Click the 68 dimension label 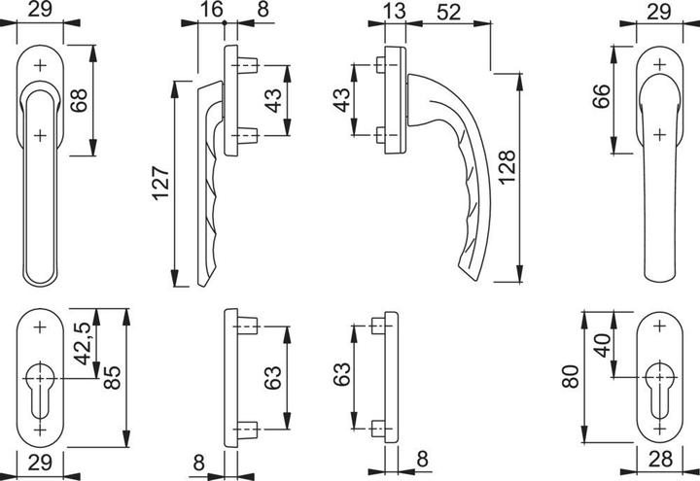(x=79, y=100)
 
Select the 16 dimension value (x=211, y=10)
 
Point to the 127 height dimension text (x=161, y=183)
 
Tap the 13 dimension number (x=394, y=11)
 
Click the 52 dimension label (x=448, y=12)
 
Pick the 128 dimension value (x=507, y=168)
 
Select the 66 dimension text (x=601, y=96)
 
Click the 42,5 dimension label (x=82, y=343)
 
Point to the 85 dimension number (x=112, y=377)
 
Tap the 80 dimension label (x=571, y=377)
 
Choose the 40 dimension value (x=604, y=345)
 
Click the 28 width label (x=660, y=459)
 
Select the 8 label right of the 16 (x=262, y=10)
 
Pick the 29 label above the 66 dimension (x=659, y=11)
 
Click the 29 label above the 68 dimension (x=40, y=9)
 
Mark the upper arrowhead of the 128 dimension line (x=519, y=82)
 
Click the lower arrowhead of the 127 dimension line (x=175, y=278)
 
